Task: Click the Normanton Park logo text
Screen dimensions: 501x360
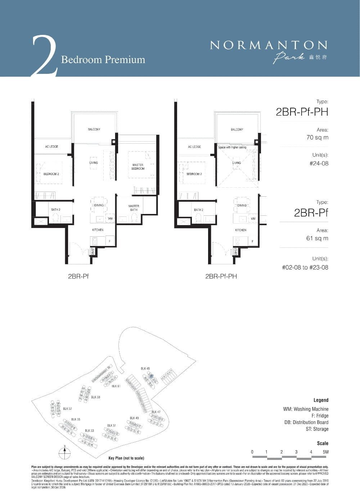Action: tap(269, 46)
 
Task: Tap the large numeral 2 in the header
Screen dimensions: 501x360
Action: tap(44, 56)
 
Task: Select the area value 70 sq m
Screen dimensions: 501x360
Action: tap(317, 138)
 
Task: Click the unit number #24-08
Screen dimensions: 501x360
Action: tap(319, 164)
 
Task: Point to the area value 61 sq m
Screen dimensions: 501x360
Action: tap(317, 238)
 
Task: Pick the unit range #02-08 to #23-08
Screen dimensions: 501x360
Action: tap(305, 267)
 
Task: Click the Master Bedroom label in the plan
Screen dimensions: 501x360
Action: tap(138, 167)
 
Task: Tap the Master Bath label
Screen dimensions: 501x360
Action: tap(134, 208)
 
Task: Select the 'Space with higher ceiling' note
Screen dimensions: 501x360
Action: tap(232, 148)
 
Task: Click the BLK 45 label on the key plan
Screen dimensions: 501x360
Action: tap(145, 368)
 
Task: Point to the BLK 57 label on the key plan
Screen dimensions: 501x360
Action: tap(67, 409)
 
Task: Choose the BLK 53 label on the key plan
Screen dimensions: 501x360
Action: tap(89, 430)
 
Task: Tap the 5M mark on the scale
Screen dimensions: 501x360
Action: tap(325, 452)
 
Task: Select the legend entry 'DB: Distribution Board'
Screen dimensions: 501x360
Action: tap(306, 422)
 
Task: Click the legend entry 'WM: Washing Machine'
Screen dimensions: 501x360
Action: tap(306, 409)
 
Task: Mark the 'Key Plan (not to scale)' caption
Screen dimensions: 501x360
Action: tap(126, 458)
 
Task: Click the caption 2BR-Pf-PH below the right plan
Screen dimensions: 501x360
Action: tap(221, 277)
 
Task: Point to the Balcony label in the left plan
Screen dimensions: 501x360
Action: tap(94, 129)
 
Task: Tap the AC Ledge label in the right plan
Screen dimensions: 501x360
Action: tap(194, 147)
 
